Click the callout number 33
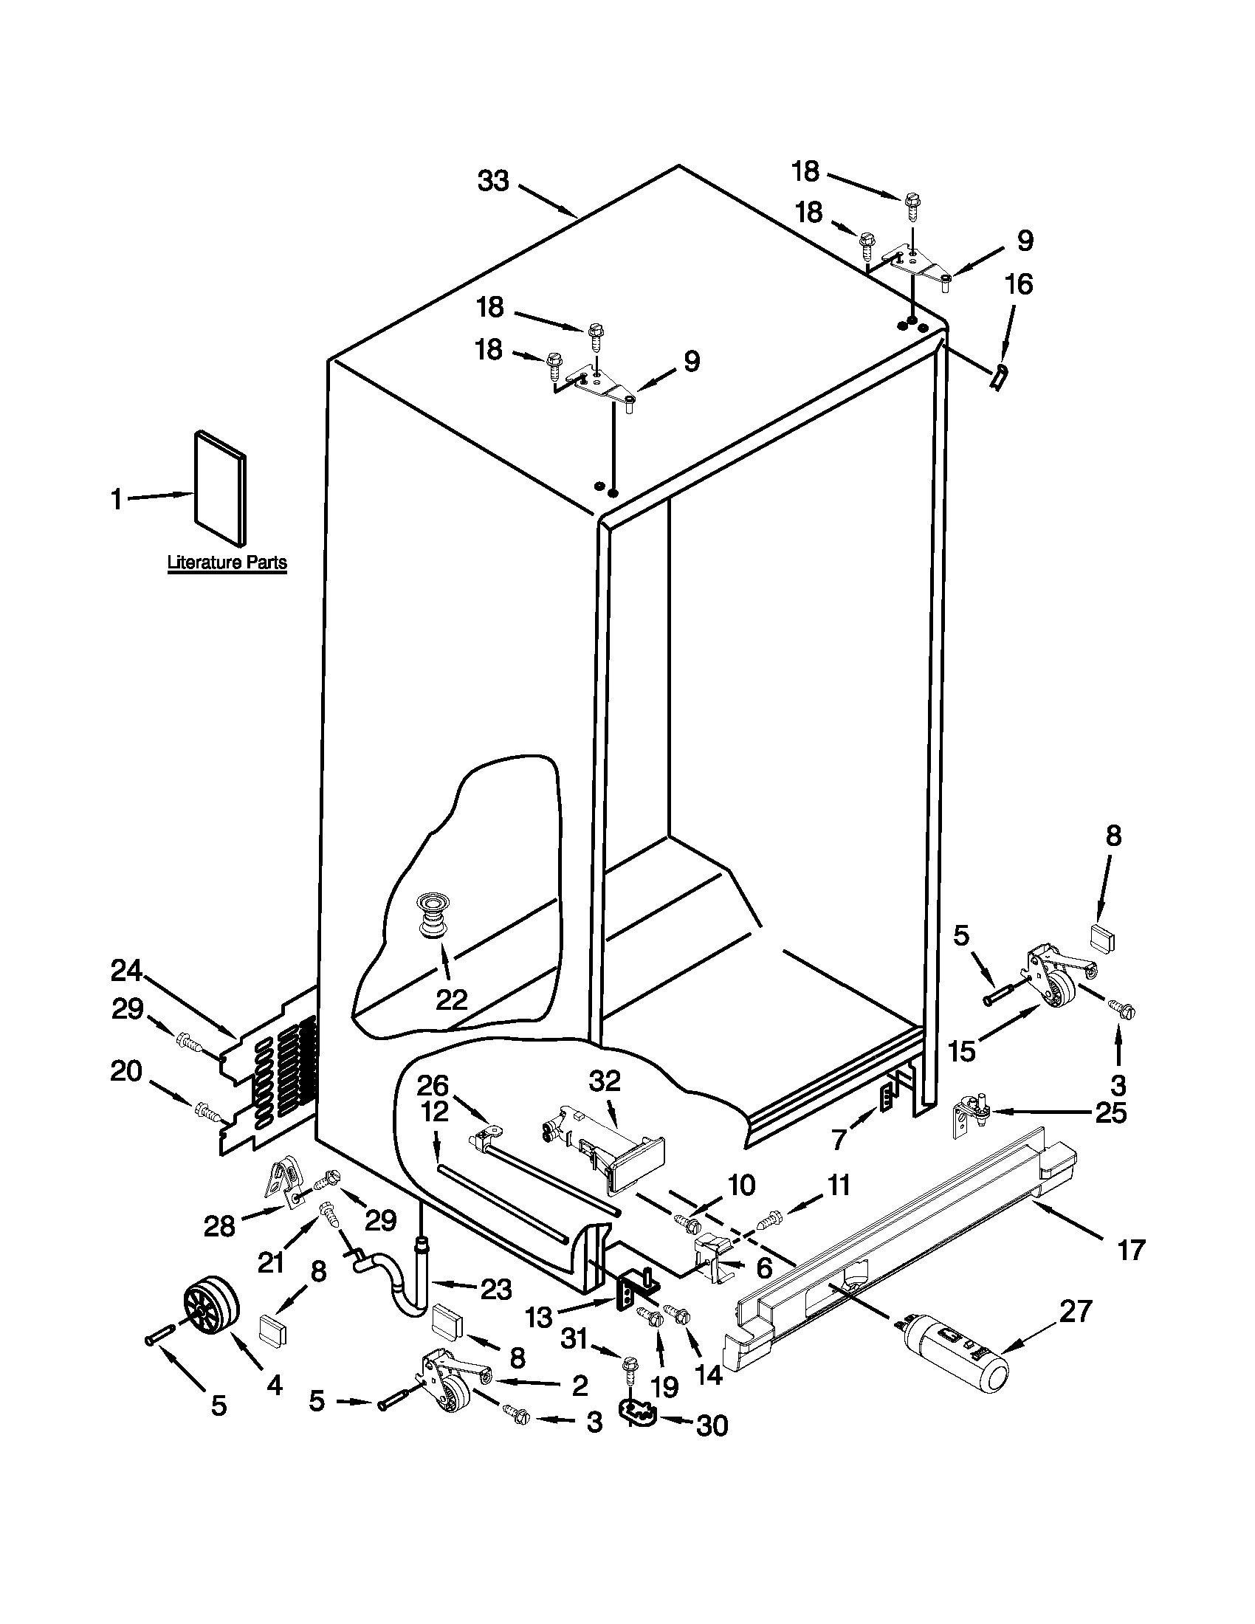point(493,181)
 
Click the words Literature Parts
point(227,562)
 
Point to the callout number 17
point(1131,1250)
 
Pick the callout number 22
point(450,999)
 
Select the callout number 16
point(1020,284)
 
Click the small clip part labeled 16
point(1000,376)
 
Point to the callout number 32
point(605,1081)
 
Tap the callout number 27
point(1076,1311)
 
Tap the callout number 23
point(495,1289)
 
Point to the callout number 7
point(839,1138)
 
